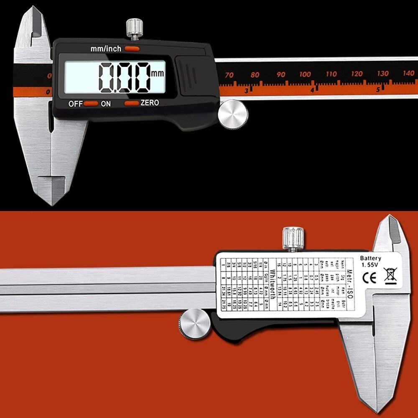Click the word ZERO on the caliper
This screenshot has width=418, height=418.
(x=150, y=103)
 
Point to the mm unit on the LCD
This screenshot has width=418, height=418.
(x=158, y=74)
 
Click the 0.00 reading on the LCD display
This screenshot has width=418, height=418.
(x=125, y=77)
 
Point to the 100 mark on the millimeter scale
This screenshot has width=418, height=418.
(x=305, y=74)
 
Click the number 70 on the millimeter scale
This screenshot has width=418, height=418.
(x=229, y=75)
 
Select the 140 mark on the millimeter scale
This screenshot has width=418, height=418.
(x=409, y=73)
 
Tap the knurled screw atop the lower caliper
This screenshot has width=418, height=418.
(x=293, y=238)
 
